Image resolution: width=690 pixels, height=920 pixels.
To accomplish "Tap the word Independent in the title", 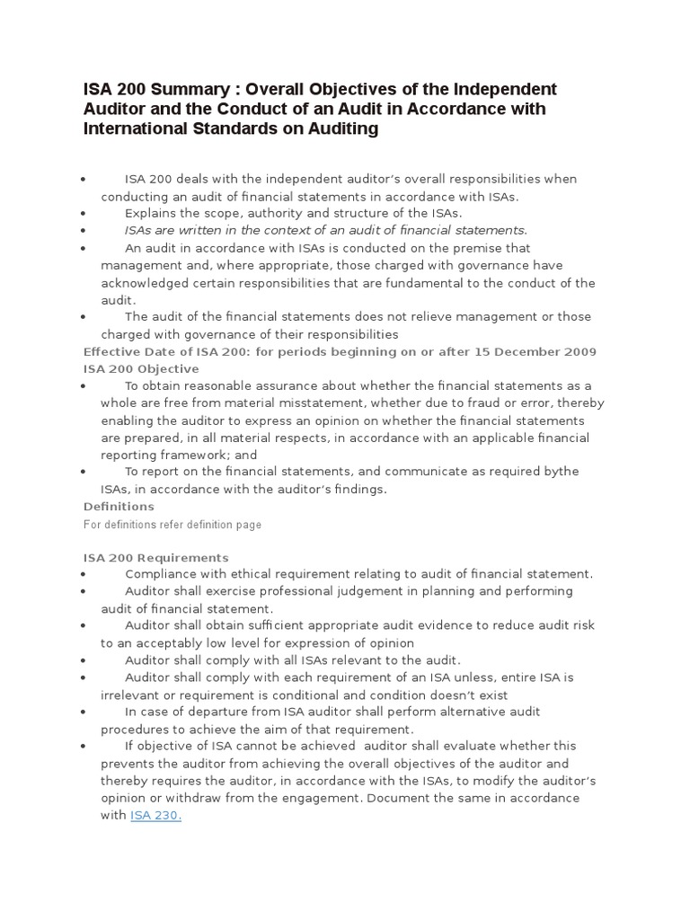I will [x=506, y=89].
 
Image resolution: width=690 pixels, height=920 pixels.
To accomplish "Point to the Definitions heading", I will [x=119, y=506].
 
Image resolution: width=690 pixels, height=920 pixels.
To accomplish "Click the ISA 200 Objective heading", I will [x=141, y=368].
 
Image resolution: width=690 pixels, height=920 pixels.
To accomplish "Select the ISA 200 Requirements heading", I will [x=155, y=557].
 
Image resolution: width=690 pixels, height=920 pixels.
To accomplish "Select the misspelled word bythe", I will [x=559, y=472].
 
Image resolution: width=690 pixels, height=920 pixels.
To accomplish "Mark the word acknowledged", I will [x=147, y=283].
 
